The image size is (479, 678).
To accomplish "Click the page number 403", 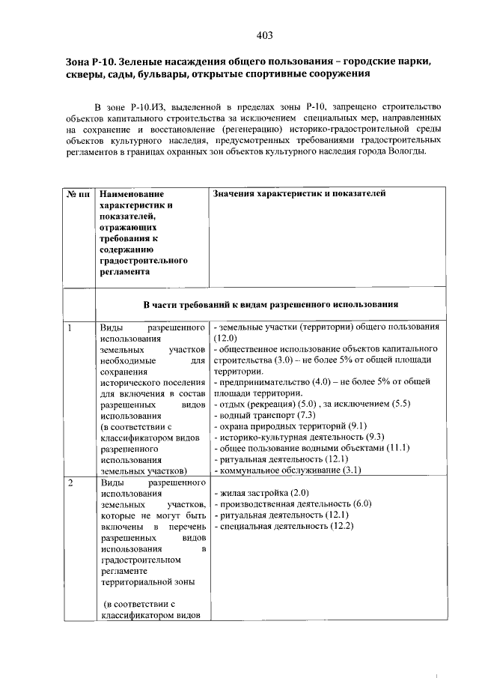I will [263, 34].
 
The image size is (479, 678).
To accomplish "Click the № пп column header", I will [79, 193].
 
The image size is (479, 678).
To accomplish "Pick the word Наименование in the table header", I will [132, 193].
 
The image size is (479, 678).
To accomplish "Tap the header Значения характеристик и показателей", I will [299, 193].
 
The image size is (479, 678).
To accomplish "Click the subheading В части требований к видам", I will [269, 304].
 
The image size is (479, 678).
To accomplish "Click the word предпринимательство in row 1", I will [257, 382].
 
